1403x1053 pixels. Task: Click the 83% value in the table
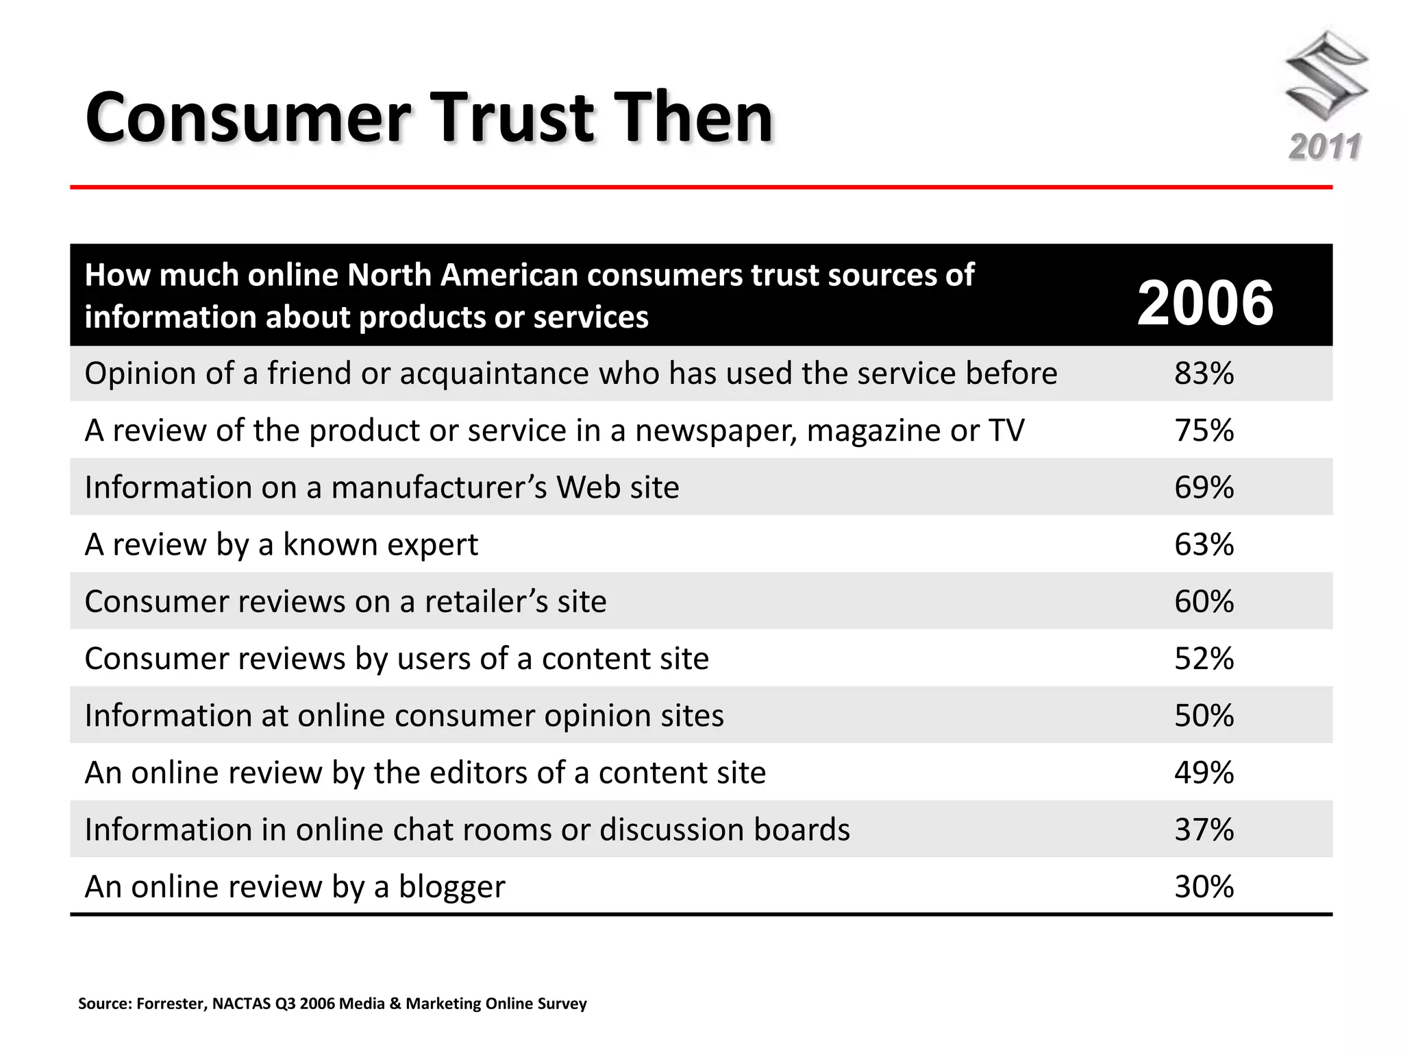pos(1204,374)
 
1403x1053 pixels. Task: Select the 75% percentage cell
pos(1204,431)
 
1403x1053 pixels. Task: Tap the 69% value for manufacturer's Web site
pos(1204,487)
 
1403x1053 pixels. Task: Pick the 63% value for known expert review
pos(1204,544)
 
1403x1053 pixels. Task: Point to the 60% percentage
pos(1204,601)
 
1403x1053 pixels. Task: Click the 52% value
pos(1204,658)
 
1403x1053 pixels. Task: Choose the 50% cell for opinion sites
pos(1204,715)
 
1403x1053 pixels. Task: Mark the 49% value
pos(1204,773)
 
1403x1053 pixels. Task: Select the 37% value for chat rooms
pos(1204,830)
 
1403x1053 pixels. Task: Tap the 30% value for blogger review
pos(1204,886)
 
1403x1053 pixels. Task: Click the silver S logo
pos(1326,75)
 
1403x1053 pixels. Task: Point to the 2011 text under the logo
pos(1325,147)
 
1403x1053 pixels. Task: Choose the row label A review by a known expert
pos(281,545)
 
